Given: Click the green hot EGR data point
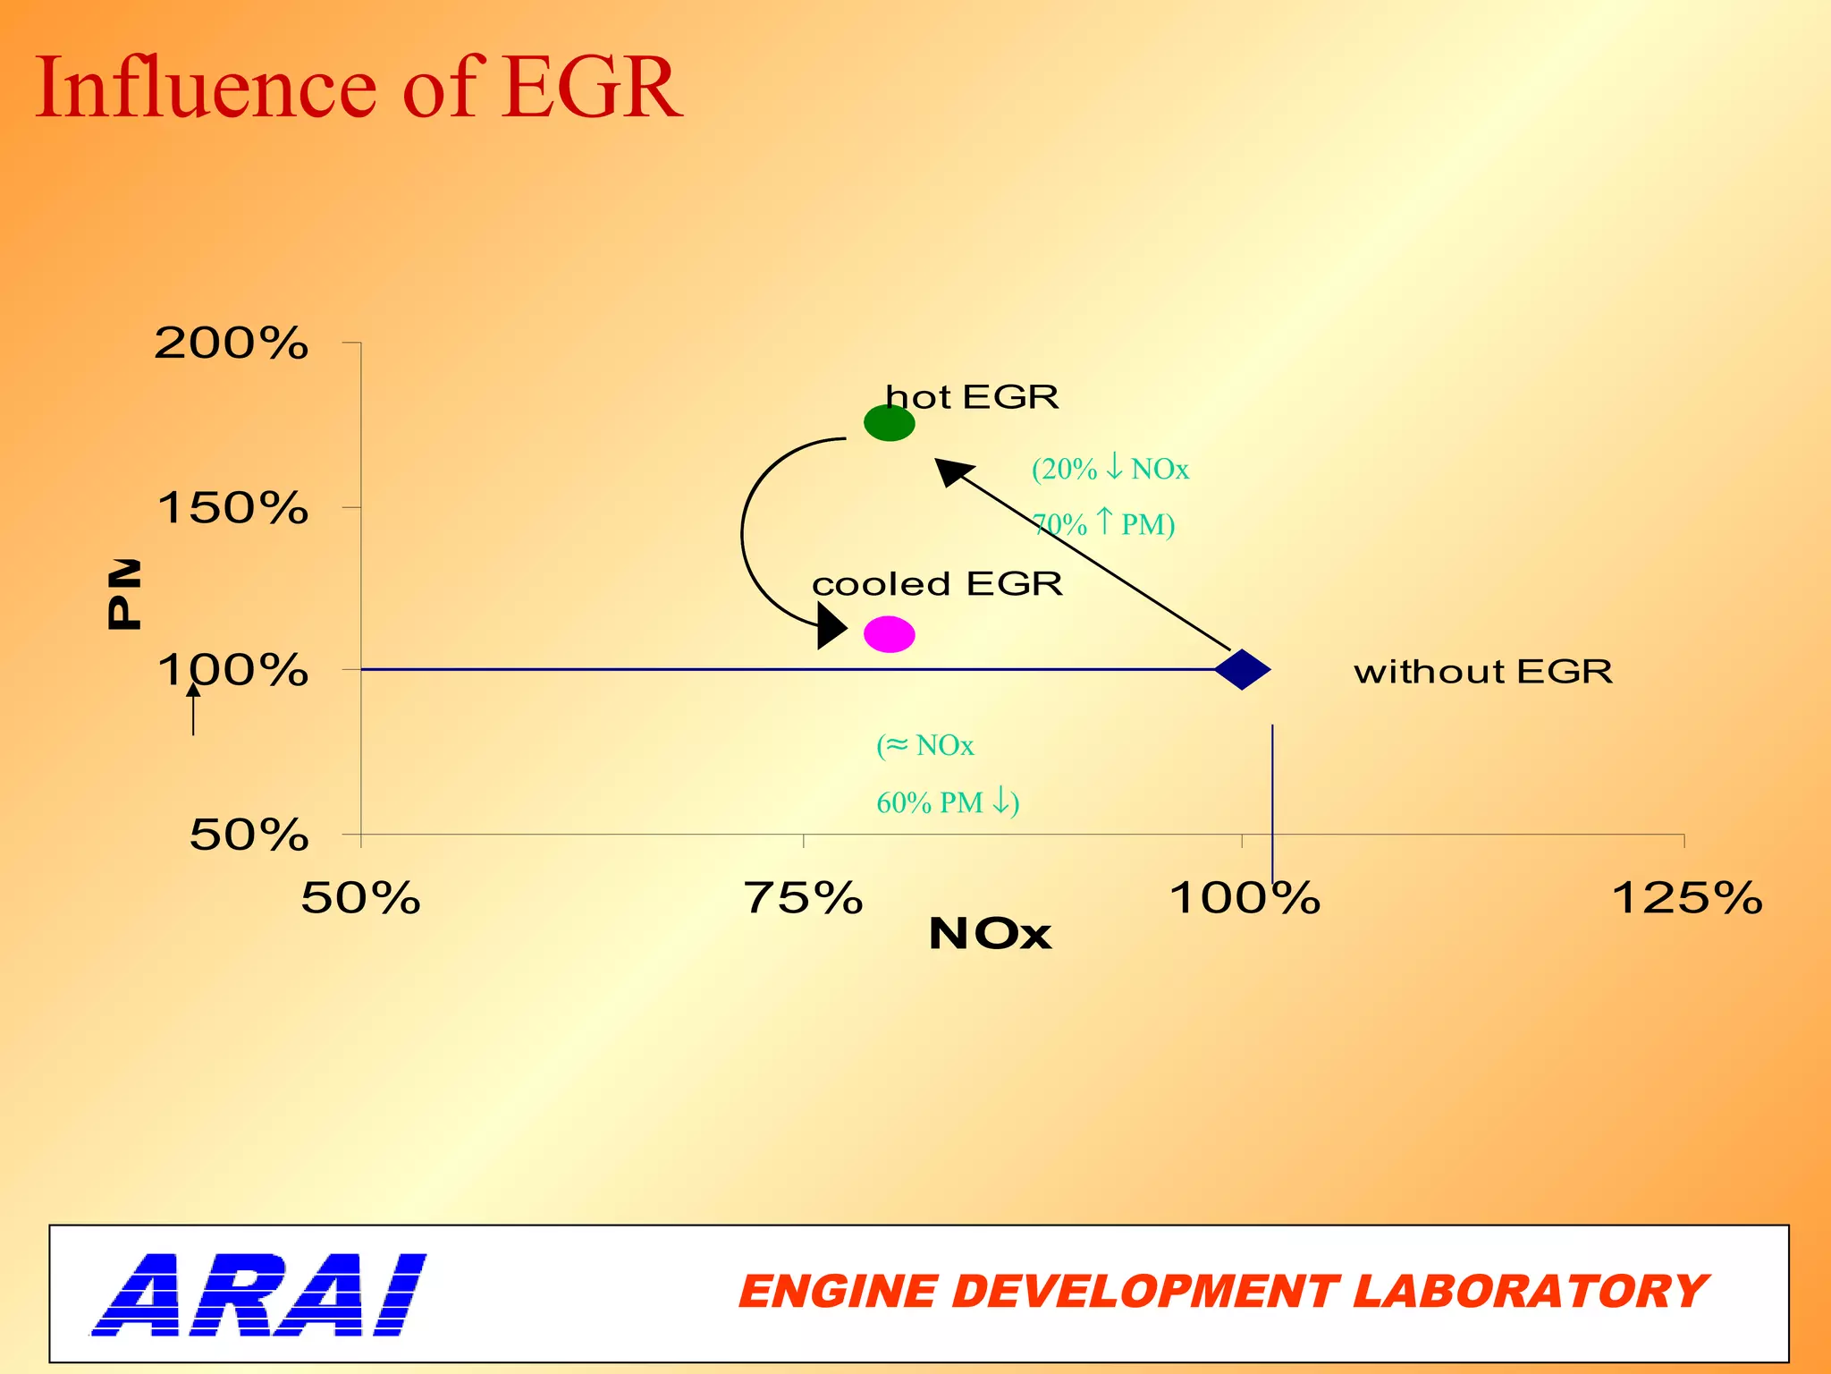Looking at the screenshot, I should (889, 423).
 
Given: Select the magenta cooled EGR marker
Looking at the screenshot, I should (889, 634).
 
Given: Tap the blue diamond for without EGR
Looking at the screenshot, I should (1242, 669).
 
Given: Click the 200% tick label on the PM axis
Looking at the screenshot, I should (232, 343).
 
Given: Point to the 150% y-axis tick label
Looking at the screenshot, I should (232, 508).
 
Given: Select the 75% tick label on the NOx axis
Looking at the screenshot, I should (803, 898).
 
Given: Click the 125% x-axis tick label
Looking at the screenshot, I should (1686, 898).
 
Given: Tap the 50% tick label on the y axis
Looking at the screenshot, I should (249, 835).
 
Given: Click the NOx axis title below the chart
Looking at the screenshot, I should (990, 934).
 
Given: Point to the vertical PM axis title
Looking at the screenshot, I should (123, 594).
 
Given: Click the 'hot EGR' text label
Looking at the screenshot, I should (971, 396).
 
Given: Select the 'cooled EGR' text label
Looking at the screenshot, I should (937, 584).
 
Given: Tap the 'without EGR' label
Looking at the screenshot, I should (1483, 671).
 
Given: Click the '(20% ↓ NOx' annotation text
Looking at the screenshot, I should (1110, 469).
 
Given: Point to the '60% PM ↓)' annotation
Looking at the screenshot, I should (948, 802).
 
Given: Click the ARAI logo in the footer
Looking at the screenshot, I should (259, 1294).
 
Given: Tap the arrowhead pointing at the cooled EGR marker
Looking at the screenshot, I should (831, 625).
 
